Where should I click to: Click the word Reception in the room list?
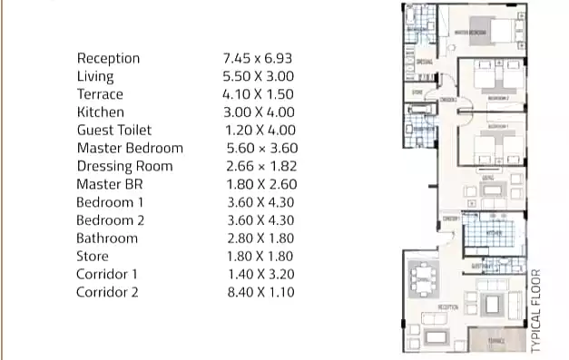108,58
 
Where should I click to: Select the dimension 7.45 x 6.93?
257,58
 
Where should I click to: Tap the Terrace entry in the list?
100,94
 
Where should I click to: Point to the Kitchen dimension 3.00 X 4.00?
259,112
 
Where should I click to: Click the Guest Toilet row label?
113,130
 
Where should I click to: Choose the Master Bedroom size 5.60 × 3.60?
260,148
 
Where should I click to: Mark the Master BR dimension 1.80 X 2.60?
259,184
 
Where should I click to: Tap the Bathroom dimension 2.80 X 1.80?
259,238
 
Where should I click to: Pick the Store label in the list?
93,257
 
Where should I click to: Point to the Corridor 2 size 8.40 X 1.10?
259,292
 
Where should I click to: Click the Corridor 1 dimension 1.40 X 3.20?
259,274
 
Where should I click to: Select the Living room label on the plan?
488,180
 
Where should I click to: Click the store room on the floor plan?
417,92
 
